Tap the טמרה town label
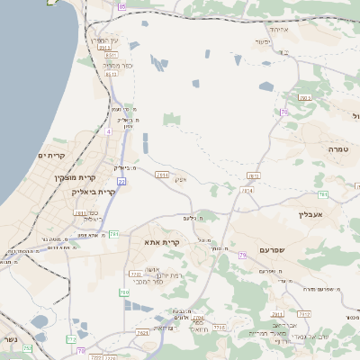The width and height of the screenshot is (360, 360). pyautogui.click(x=338, y=148)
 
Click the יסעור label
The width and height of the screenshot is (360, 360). pyautogui.click(x=262, y=42)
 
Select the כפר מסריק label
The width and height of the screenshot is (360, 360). pyautogui.click(x=118, y=66)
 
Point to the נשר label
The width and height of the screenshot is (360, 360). pyautogui.click(x=10, y=338)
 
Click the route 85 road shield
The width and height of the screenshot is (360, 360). pyautogui.click(x=121, y=6)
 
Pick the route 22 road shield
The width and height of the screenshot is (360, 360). pyautogui.click(x=121, y=181)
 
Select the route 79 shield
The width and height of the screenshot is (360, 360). pyautogui.click(x=242, y=256)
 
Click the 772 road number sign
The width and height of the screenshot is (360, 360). pyautogui.click(x=71, y=339)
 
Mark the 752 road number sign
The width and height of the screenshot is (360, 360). pyautogui.click(x=28, y=347)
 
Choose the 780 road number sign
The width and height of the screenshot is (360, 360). pyautogui.click(x=123, y=292)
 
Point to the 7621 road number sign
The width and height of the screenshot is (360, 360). pyautogui.click(x=142, y=333)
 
